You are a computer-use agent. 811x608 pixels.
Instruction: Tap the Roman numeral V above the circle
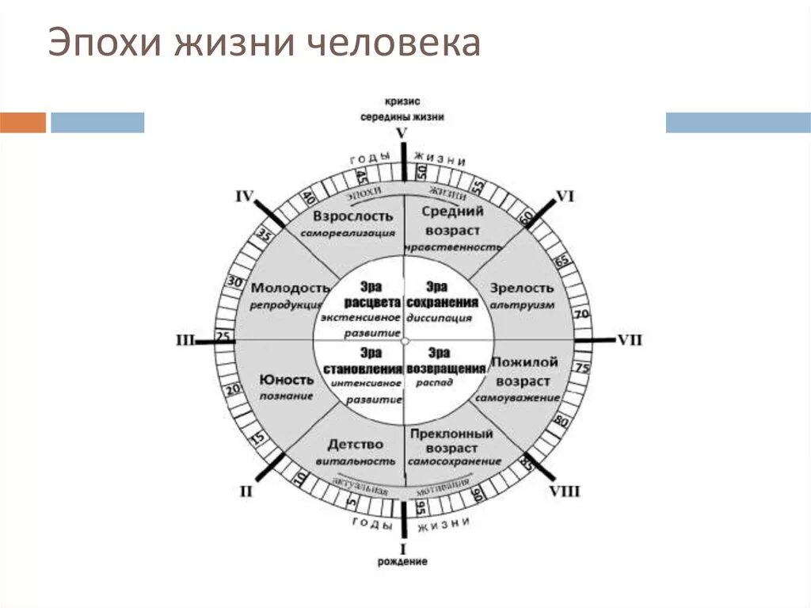(x=402, y=133)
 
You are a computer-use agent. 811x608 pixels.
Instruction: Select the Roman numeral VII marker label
(x=629, y=340)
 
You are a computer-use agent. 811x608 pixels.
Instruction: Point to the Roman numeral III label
(x=185, y=340)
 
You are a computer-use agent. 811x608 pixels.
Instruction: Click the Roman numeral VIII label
(x=565, y=491)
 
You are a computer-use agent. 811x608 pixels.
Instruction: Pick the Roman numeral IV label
(x=245, y=196)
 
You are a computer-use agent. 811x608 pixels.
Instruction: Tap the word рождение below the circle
(x=402, y=562)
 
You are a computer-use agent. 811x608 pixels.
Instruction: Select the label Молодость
(x=290, y=288)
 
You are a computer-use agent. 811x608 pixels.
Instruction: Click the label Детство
(x=355, y=444)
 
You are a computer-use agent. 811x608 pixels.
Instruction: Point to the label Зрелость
(x=522, y=288)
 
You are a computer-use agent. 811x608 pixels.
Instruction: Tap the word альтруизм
(x=522, y=304)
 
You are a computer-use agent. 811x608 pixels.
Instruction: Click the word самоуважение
(x=519, y=396)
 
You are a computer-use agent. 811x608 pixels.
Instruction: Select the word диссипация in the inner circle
(x=439, y=318)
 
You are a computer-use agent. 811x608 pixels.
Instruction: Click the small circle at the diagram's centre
(x=404, y=341)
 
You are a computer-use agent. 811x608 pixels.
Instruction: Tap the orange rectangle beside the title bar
(x=23, y=123)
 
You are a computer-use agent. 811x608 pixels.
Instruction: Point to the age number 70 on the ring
(x=582, y=314)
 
